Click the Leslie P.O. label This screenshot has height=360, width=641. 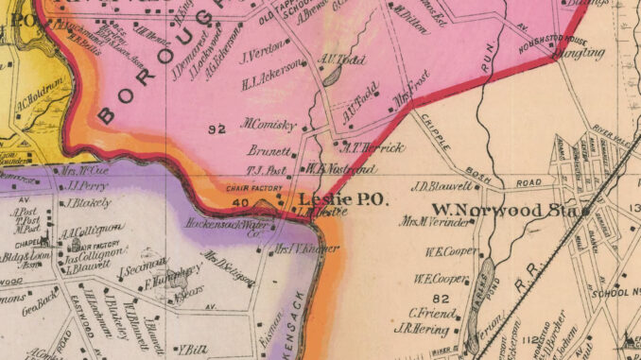338,199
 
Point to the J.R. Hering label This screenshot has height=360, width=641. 427,328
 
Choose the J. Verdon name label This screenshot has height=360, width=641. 264,54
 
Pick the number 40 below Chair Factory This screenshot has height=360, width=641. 239,202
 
